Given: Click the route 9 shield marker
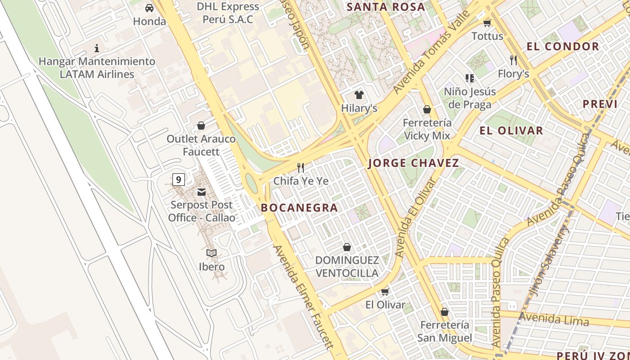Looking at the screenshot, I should click(179, 180).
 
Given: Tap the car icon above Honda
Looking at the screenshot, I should click(149, 8).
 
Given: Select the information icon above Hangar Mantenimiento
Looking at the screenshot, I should click(96, 48).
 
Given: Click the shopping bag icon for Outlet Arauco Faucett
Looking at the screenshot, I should click(201, 126).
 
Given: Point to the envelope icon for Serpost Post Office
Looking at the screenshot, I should click(201, 192).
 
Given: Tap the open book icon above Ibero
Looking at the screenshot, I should click(211, 253).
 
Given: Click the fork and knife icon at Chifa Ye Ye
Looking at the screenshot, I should click(301, 168).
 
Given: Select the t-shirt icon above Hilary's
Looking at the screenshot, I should click(359, 95).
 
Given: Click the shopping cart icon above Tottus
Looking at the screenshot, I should click(487, 23).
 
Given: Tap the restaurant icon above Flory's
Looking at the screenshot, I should click(513, 60).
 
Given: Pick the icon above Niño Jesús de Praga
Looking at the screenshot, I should click(470, 79).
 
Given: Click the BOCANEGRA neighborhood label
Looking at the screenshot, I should click(299, 207).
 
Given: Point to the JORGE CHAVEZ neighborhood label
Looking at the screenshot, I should click(414, 163).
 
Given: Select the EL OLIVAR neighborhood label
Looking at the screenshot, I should click(511, 131).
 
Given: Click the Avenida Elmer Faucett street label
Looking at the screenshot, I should click(303, 297).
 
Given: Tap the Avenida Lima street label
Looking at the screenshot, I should click(553, 319).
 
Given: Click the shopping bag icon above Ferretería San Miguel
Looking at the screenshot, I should click(445, 312).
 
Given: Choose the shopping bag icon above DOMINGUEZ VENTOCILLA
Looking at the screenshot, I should click(347, 247).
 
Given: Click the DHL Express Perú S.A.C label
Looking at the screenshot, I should click(228, 13).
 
